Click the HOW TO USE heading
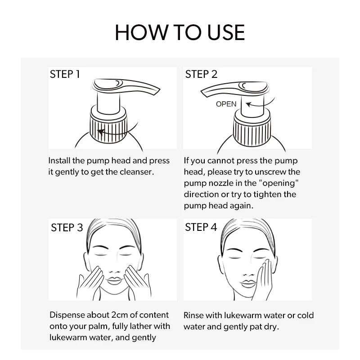(180, 32)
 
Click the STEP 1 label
(65, 74)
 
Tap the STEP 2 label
(201, 74)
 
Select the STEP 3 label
(67, 228)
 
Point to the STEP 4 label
(201, 227)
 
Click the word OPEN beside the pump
(226, 104)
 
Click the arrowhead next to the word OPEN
(248, 104)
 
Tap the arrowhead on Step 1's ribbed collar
(101, 132)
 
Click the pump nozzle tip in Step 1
(158, 91)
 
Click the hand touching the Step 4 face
(265, 279)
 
